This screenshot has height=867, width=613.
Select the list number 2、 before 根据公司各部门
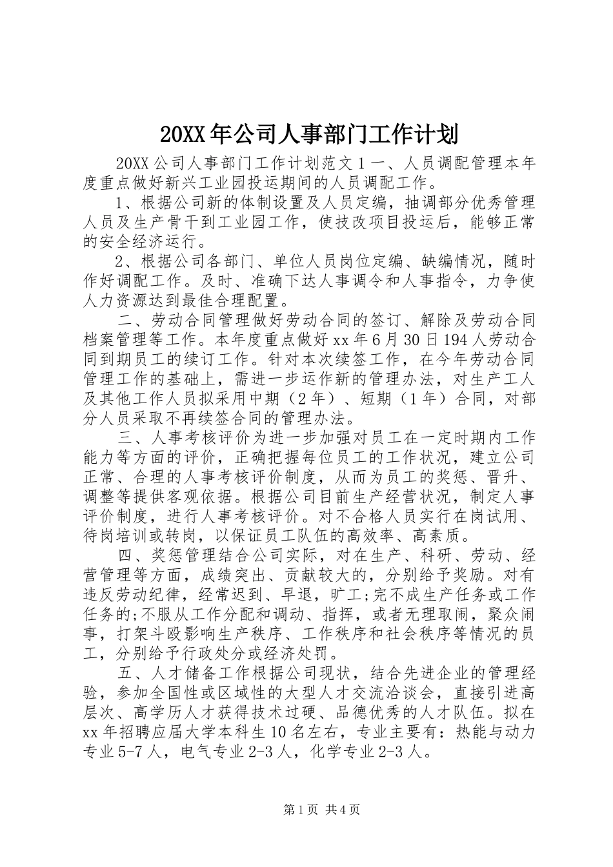pyautogui.click(x=124, y=261)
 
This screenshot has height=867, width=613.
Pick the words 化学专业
pyautogui.click(x=340, y=752)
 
